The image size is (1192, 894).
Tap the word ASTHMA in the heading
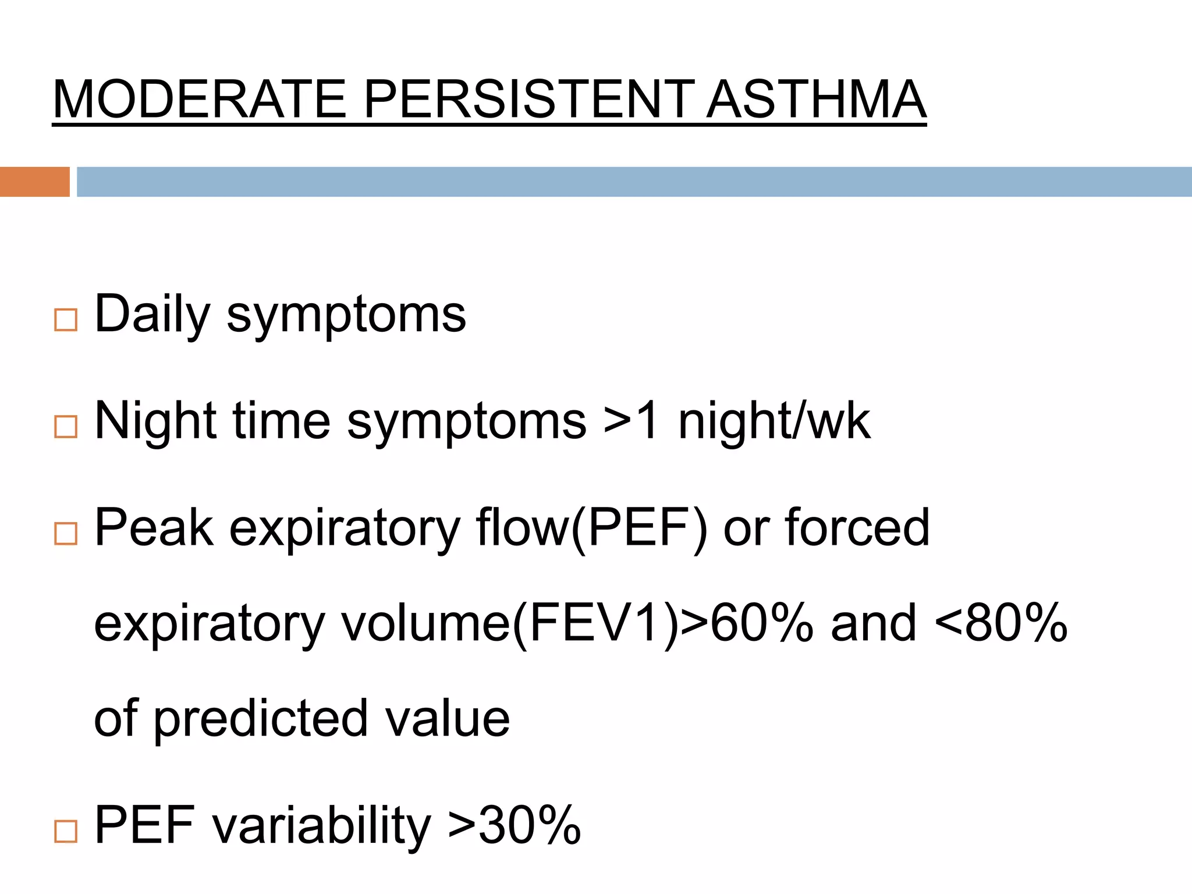click(815, 100)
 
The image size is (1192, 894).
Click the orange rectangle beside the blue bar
click(34, 182)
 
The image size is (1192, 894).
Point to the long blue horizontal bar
click(634, 182)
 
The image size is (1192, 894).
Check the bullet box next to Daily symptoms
click(66, 320)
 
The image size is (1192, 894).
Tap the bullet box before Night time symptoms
click(66, 427)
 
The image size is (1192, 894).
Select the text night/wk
click(774, 421)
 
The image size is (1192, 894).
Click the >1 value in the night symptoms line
click(631, 421)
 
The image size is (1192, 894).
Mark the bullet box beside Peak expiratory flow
click(66, 533)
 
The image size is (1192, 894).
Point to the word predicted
click(261, 719)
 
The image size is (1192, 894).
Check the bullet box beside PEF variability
click(66, 831)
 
